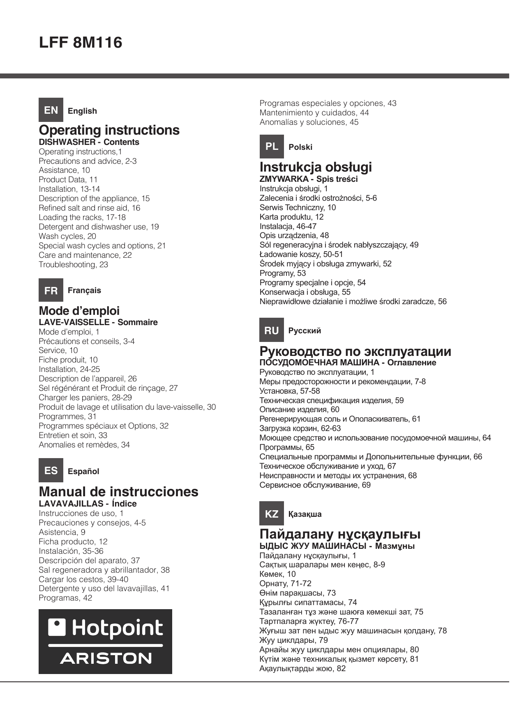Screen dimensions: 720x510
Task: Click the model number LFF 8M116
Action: [x=81, y=43]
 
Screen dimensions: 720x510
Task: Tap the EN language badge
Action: [x=51, y=110]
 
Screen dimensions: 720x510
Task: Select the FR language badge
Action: [x=51, y=291]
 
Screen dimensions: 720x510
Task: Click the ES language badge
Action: [x=51, y=470]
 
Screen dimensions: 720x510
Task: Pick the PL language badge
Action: [x=272, y=147]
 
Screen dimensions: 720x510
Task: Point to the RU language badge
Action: [x=272, y=330]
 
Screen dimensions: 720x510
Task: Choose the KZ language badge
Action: [x=272, y=514]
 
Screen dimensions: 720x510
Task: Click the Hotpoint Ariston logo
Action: [x=105, y=642]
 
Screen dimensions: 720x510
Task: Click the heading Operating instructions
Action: [x=109, y=130]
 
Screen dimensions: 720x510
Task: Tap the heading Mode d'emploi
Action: [x=79, y=311]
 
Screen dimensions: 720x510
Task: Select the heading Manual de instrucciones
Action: [x=118, y=492]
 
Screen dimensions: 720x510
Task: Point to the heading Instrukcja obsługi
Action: [x=316, y=167]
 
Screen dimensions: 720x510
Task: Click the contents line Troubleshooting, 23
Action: [x=74, y=265]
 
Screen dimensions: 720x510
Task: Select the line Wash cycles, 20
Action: [x=67, y=236]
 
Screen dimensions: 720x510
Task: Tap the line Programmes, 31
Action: [x=68, y=417]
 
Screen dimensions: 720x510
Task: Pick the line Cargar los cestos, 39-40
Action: [x=83, y=580]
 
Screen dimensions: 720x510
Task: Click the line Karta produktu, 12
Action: [x=292, y=217]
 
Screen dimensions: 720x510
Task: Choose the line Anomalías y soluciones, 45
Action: [x=309, y=122]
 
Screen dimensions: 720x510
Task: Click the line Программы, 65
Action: [x=287, y=447]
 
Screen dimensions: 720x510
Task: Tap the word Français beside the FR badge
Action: [x=84, y=291]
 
